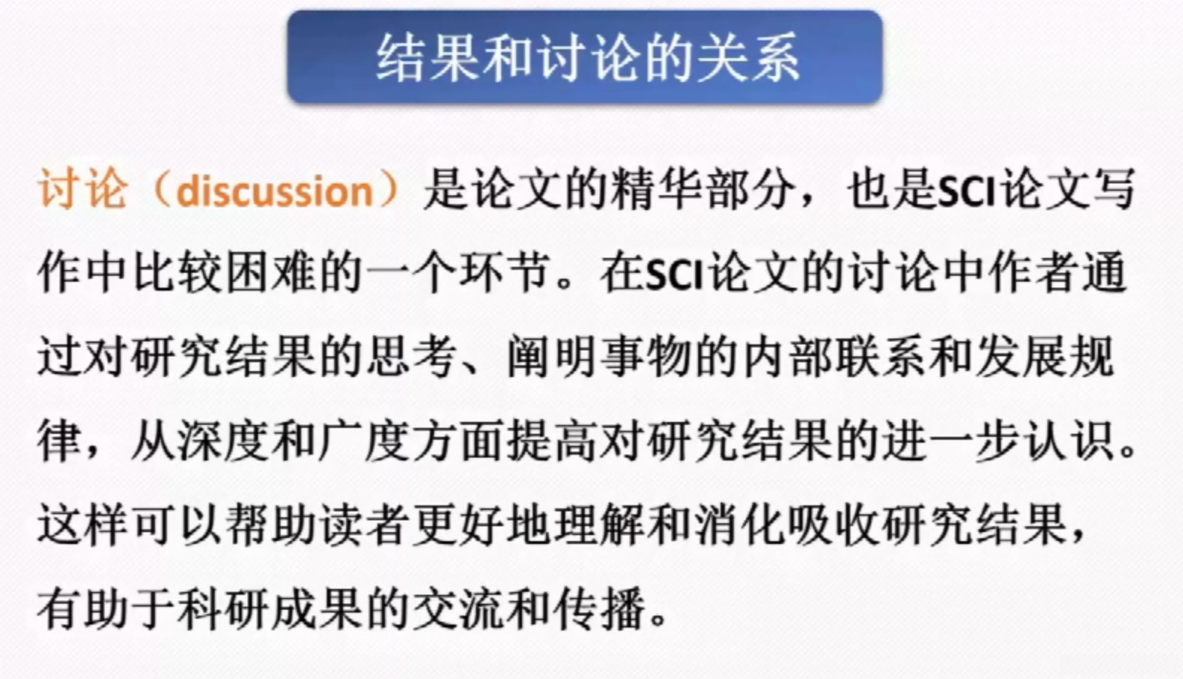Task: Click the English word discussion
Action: (274, 192)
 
